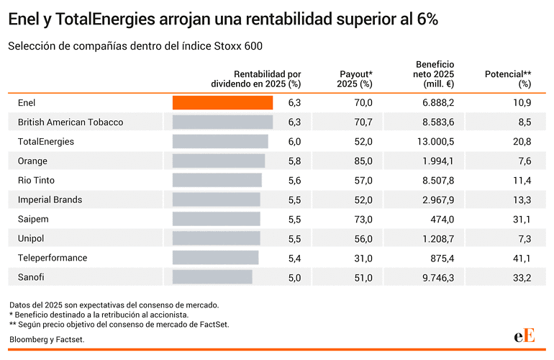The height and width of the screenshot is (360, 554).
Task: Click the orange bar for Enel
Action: [x=222, y=103]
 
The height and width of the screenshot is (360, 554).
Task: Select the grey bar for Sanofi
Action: [x=212, y=277]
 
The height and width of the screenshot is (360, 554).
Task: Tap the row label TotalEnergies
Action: [x=46, y=142]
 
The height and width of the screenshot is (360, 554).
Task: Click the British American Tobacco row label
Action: [x=71, y=122]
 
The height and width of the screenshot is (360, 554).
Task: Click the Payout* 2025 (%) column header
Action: [x=355, y=78]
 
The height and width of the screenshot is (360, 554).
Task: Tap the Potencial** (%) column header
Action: [x=508, y=78]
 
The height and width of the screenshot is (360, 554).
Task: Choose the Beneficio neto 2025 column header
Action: [x=434, y=74]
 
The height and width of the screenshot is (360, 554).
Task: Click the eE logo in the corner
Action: [x=524, y=335]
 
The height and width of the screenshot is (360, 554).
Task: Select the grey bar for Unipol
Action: [x=216, y=238]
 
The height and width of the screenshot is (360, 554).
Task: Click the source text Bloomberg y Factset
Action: [x=47, y=339]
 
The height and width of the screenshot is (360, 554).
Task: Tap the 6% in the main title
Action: [x=427, y=20]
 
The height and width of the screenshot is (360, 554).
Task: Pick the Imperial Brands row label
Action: [x=50, y=199]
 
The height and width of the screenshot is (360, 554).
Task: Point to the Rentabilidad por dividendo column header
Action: [x=256, y=78]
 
